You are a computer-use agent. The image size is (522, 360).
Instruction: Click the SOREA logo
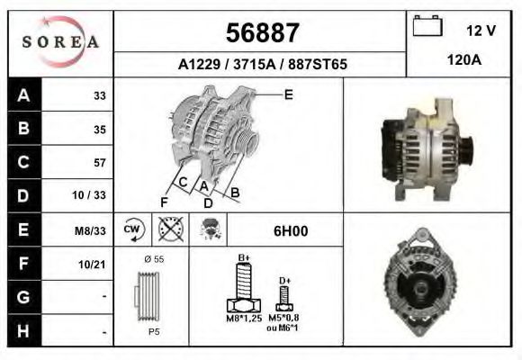click(60, 42)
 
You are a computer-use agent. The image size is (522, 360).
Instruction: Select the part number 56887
click(261, 33)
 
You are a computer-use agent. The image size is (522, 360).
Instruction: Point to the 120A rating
click(463, 62)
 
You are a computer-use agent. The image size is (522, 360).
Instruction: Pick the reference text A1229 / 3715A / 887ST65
click(262, 65)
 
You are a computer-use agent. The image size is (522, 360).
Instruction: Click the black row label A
click(22, 95)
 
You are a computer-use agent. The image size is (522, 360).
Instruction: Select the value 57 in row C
click(99, 163)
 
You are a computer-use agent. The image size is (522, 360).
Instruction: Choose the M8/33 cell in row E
click(91, 230)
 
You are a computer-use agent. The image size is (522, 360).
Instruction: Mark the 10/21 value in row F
click(94, 264)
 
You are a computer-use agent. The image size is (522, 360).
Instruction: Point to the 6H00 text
click(290, 230)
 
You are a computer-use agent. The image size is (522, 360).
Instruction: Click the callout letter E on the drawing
click(288, 94)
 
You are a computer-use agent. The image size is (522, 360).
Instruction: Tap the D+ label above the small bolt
click(284, 281)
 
